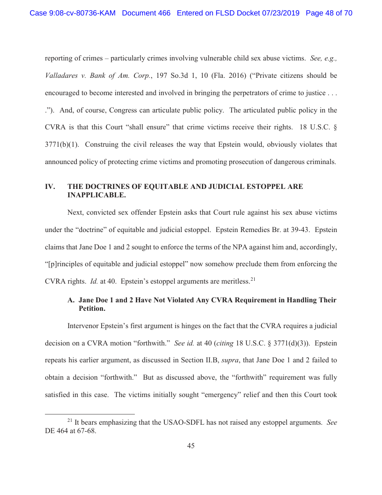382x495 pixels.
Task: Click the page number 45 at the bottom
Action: pos(191,446)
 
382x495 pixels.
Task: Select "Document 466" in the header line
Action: pos(146,13)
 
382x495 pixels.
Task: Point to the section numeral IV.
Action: pos(50,187)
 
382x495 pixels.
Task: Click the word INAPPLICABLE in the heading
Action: pos(96,195)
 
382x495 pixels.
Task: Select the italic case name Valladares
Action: pos(63,76)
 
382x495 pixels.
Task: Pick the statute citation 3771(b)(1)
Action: pos(62,144)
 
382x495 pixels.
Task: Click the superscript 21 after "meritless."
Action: pos(253,279)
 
